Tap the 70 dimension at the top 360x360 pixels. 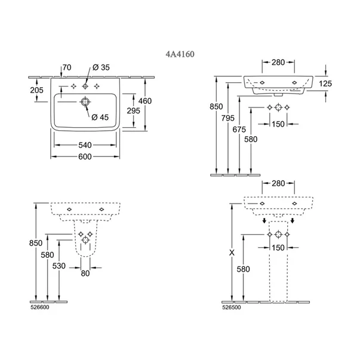click(x=66, y=68)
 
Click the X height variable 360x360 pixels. click(x=232, y=253)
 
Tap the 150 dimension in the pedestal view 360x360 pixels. click(x=278, y=247)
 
